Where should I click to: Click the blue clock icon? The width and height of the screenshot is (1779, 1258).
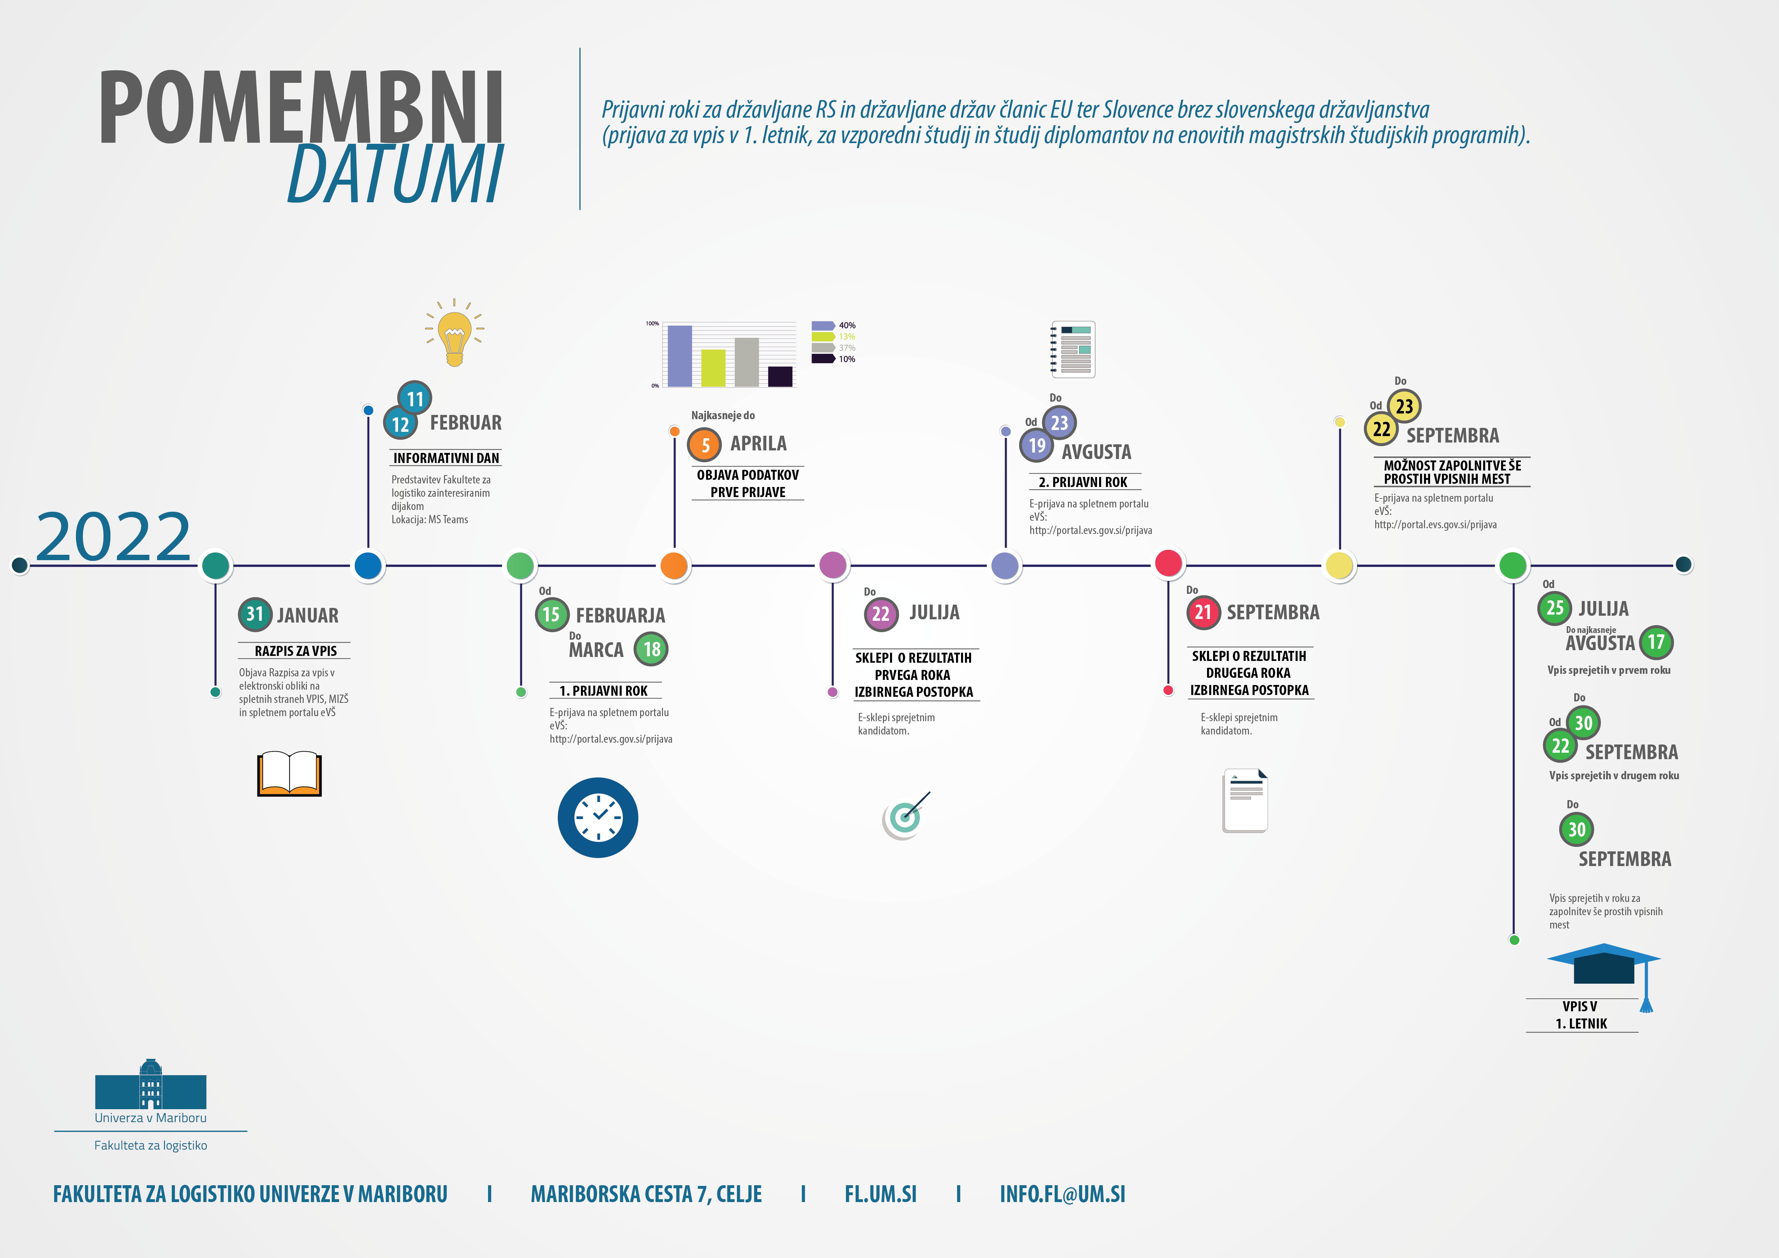pyautogui.click(x=597, y=817)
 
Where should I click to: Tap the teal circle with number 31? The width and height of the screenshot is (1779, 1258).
pyautogui.click(x=255, y=614)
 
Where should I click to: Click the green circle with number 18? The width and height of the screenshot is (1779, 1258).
pyautogui.click(x=652, y=649)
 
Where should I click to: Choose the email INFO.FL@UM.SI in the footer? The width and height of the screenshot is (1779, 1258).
pyautogui.click(x=1062, y=1194)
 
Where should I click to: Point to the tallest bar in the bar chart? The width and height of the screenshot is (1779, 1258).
pyautogui.click(x=680, y=355)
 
